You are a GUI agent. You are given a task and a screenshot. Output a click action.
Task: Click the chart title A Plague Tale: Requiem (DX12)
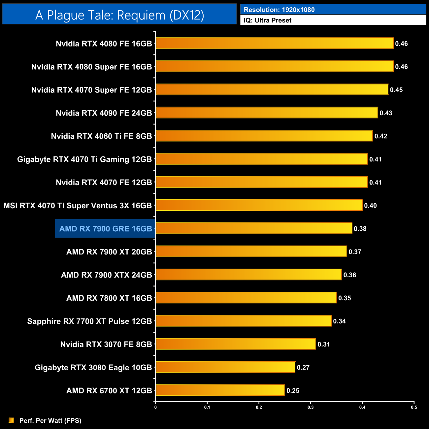tap(119, 15)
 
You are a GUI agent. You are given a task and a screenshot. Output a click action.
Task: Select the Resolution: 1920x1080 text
tap(279, 10)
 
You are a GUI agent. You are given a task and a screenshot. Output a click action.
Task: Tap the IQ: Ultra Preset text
tap(268, 20)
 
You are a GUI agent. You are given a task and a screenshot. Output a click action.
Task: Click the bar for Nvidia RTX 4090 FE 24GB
tap(267, 113)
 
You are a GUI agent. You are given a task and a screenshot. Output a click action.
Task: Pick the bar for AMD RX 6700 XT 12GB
tap(220, 390)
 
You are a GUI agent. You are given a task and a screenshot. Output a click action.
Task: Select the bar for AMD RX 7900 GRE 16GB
tap(254, 228)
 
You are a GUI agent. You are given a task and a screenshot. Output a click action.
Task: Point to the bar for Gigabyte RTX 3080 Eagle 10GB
tap(225, 367)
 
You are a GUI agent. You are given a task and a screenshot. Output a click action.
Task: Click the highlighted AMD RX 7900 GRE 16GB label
tap(105, 229)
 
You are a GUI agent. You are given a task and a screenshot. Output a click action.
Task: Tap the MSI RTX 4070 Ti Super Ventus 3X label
tap(78, 206)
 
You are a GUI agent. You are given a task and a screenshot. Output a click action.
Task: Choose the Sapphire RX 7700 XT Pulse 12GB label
tap(89, 321)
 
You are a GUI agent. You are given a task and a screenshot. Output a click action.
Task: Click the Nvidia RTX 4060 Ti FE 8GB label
tap(101, 136)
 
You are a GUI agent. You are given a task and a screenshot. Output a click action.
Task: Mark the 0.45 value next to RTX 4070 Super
tap(396, 90)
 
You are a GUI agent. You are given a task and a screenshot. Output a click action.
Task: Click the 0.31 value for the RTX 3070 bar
tap(324, 345)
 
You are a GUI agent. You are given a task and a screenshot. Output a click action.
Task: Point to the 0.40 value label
tap(370, 206)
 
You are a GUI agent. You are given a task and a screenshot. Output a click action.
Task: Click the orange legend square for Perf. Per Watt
tap(12, 420)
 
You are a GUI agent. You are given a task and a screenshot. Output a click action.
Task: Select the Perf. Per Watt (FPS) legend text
tap(50, 421)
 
